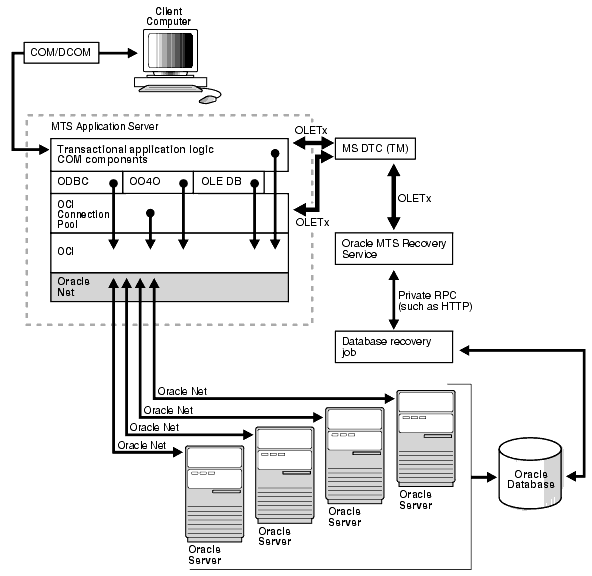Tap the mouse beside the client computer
pyautogui.click(x=209, y=99)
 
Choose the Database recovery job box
pyautogui.click(x=386, y=346)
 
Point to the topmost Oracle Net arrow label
pyautogui.click(x=182, y=389)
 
